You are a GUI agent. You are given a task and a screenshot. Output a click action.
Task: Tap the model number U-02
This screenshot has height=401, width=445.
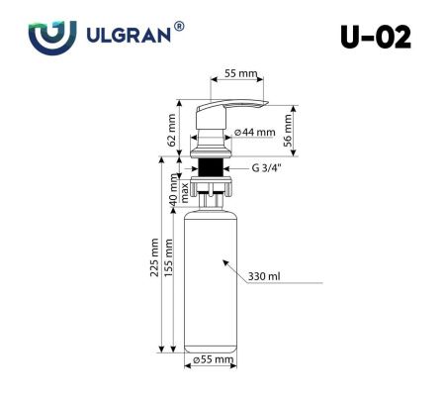tap(375, 37)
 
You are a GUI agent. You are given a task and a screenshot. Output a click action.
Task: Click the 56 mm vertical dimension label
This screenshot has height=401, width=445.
tap(289, 127)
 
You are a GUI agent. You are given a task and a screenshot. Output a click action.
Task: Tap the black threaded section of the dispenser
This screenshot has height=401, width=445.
tap(210, 163)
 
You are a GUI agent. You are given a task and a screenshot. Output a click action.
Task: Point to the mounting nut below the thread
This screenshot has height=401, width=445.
tap(210, 184)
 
